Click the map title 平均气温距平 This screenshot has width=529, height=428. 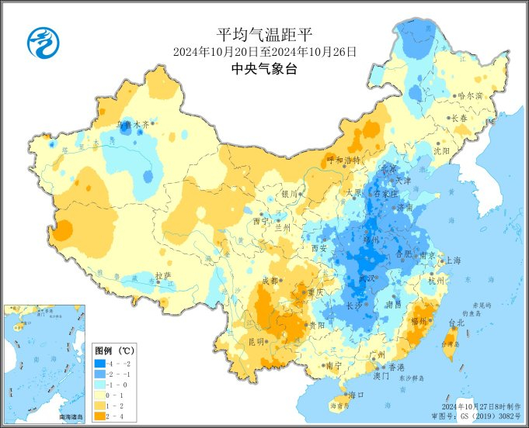point(263,34)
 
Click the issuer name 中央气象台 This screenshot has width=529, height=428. point(264,69)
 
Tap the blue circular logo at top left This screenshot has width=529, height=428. point(44,42)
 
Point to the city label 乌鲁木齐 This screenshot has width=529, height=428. point(131,123)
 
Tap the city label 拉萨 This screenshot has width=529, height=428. point(162,275)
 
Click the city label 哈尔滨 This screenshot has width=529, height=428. point(470,95)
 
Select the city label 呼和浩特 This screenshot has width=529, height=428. point(343,160)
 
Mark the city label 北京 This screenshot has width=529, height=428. point(388,168)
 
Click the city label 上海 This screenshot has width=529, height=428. point(454,261)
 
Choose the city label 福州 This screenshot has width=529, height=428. point(420,319)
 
